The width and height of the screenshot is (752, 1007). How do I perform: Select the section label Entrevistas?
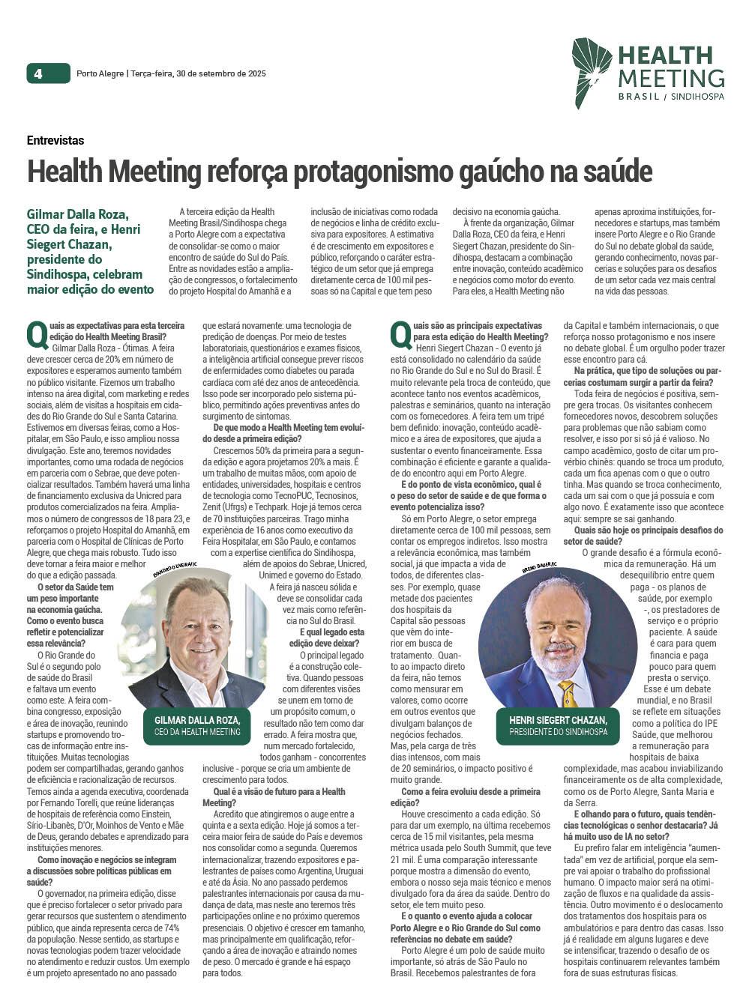pos(55,140)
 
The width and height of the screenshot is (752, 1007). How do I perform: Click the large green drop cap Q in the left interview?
pos(37,333)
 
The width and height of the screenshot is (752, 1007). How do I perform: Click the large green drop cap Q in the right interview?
pos(401,333)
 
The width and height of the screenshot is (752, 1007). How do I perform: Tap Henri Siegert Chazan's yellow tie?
pos(569,693)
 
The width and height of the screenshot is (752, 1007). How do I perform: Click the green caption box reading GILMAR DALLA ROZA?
pos(197,725)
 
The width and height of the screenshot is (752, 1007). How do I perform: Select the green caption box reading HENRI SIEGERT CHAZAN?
pos(558,725)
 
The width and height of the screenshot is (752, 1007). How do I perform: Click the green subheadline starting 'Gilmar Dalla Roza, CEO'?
pos(90,252)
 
